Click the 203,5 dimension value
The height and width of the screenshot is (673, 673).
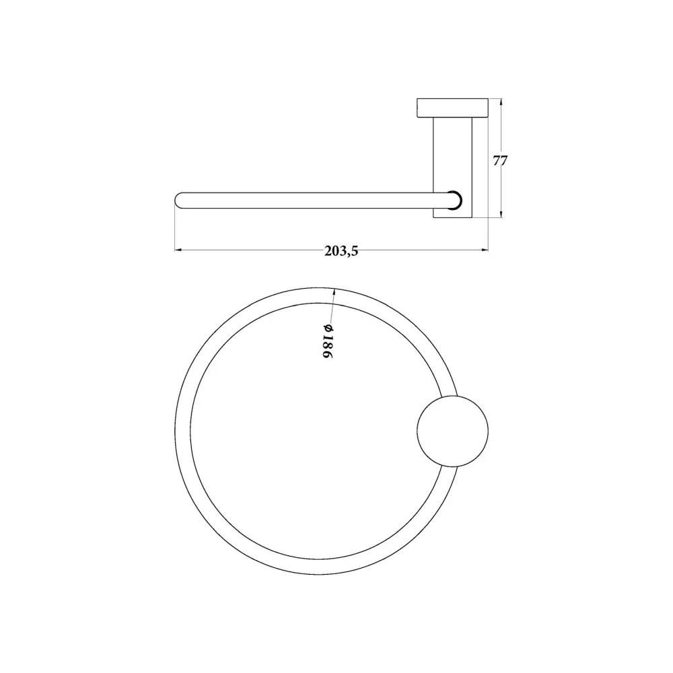coord(341,251)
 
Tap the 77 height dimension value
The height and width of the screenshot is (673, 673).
coord(500,161)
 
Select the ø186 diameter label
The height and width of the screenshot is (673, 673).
coord(328,342)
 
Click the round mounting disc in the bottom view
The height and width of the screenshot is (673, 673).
coord(453,431)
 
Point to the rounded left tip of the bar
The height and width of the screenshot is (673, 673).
coord(176,201)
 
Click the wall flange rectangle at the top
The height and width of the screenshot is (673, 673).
coord(453,108)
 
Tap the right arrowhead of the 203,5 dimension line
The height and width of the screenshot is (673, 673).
coord(485,250)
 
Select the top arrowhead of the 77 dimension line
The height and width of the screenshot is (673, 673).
coord(501,102)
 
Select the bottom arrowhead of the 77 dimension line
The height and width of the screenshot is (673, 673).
coord(501,214)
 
